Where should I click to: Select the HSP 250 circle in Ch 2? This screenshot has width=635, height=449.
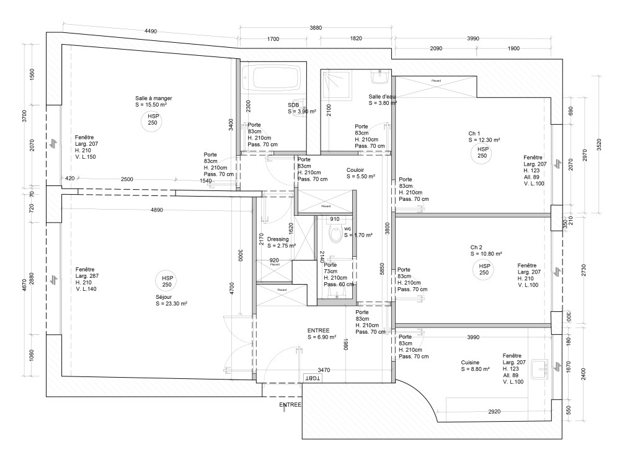tap(484, 269)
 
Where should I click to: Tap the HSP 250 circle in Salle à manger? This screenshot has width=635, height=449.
tap(153, 120)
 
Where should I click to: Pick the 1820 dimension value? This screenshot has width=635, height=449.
tap(355, 38)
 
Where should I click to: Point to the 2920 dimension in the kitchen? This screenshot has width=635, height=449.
tap(494, 412)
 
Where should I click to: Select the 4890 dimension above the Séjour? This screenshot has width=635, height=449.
tap(156, 210)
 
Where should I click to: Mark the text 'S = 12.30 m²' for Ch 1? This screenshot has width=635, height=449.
tap(484, 140)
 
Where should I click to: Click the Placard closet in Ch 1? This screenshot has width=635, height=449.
tap(436, 81)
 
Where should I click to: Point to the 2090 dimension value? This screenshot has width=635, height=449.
tap(436, 48)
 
